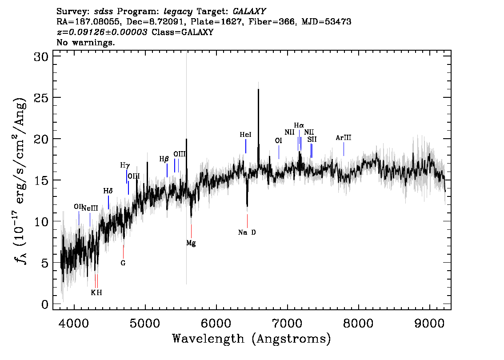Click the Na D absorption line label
coord(247,232)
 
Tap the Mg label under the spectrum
coord(191,243)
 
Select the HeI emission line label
coord(246,135)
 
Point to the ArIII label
coord(343,138)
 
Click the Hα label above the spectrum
coord(299,125)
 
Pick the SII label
coord(312,140)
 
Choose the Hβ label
coord(164,159)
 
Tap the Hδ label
coord(108,191)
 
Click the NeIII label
coord(90,208)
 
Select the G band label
coord(123,263)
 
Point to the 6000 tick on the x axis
coord(216,323)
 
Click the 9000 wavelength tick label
coord(430,323)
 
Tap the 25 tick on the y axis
coord(41,98)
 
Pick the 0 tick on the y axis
coord(45,304)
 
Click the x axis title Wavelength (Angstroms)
coord(252,339)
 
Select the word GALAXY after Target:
coord(249,12)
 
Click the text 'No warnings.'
coord(85,42)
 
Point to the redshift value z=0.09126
coord(84,32)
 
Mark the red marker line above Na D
coord(247,221)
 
